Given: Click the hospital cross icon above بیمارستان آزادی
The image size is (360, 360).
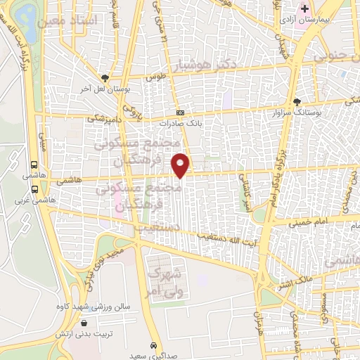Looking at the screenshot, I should point(304,9).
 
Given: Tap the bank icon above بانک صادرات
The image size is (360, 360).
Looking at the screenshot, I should point(181,112).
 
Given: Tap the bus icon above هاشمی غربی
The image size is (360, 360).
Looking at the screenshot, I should point(34,188).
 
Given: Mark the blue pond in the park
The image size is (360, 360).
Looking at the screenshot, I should point(27,13).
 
